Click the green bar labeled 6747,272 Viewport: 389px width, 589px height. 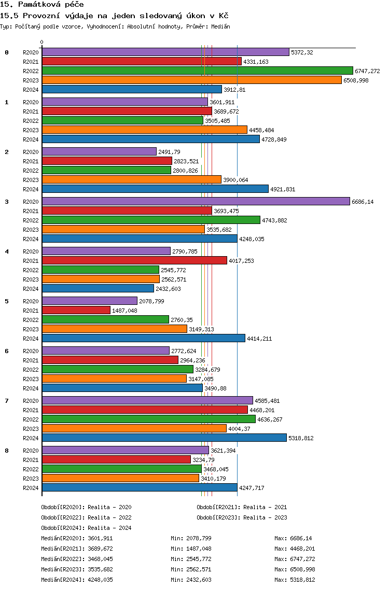pos(198,71)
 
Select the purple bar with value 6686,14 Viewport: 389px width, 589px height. pos(196,201)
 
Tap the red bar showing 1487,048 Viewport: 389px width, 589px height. pos(76,310)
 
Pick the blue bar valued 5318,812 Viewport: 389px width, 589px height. pos(164,438)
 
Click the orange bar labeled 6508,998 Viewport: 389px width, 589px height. pos(192,80)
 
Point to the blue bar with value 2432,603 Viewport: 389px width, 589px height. pos(98,288)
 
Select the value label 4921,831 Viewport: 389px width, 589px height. pos(283,189)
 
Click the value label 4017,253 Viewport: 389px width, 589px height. pos(241,261)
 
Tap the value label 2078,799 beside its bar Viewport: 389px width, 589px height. pos(151,301)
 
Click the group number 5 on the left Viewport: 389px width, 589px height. pos(7,301)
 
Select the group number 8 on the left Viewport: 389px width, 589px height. pos(7,451)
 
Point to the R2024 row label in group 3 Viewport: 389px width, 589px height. pos(31,239)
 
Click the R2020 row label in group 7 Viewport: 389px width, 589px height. pos(31,401)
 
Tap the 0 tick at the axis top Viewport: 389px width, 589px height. pos(41,42)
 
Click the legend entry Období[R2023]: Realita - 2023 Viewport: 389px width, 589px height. pos(242,517)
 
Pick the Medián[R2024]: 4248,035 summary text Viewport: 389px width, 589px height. pos(77,580)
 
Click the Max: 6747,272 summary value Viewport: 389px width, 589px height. pos(295,559)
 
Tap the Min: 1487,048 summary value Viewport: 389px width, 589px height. pos(191,549)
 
